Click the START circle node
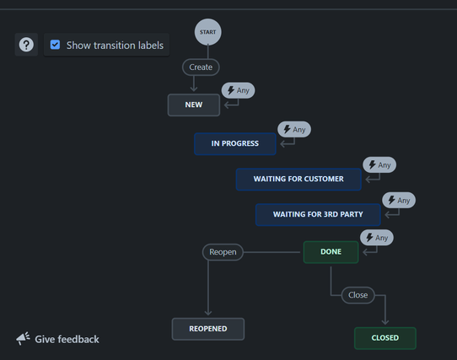pyautogui.click(x=207, y=32)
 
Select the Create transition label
pyautogui.click(x=201, y=67)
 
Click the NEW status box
pyautogui.click(x=194, y=105)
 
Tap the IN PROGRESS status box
pyautogui.click(x=235, y=143)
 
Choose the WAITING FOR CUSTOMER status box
pyautogui.click(x=298, y=179)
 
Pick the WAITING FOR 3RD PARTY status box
pyautogui.click(x=318, y=214)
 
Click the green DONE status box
pyautogui.click(x=331, y=252)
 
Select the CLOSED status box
pyautogui.click(x=385, y=338)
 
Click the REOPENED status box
pyautogui.click(x=208, y=329)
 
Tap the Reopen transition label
pyautogui.click(x=223, y=252)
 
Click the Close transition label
pyautogui.click(x=358, y=295)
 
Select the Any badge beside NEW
pyautogui.click(x=238, y=90)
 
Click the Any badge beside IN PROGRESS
pyautogui.click(x=294, y=130)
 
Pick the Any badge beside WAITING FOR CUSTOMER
pyautogui.click(x=379, y=165)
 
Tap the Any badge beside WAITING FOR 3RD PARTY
pyautogui.click(x=399, y=201)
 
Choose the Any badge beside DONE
pyautogui.click(x=377, y=238)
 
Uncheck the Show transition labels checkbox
pyautogui.click(x=55, y=45)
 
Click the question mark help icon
pyautogui.click(x=26, y=45)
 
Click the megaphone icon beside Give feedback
pyautogui.click(x=23, y=338)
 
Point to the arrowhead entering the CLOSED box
pyautogui.click(x=385, y=322)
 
